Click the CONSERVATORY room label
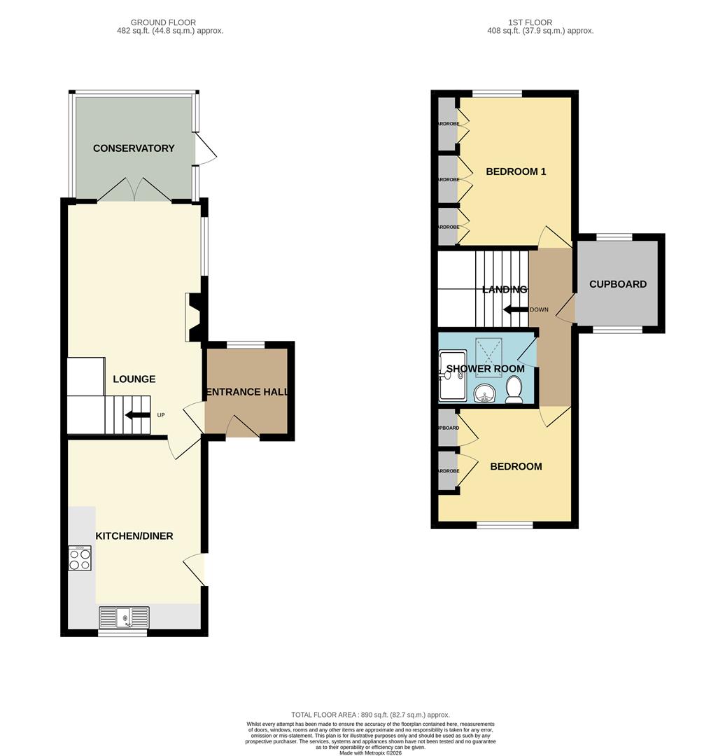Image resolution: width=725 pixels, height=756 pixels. tap(134, 148)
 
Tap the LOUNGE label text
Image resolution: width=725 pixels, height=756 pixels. tap(134, 379)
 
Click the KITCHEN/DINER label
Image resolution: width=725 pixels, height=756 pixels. tap(134, 536)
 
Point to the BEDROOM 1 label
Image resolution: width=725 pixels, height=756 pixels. tap(516, 171)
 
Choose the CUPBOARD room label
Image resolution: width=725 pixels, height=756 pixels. tap(618, 284)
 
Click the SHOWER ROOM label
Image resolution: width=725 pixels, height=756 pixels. tap(485, 369)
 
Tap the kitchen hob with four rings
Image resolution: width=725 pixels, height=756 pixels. tap(80, 558)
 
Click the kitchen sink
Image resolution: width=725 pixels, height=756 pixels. tap(124, 617)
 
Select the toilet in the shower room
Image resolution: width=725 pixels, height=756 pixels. tap(514, 390)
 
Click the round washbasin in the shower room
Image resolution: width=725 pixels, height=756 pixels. tap(484, 394)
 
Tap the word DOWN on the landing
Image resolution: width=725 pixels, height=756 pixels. tap(540, 309)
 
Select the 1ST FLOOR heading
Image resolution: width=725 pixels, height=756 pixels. tap(540, 22)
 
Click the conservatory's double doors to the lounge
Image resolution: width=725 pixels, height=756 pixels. tap(134, 190)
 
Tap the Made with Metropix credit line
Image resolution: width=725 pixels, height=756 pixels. tap(372, 752)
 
